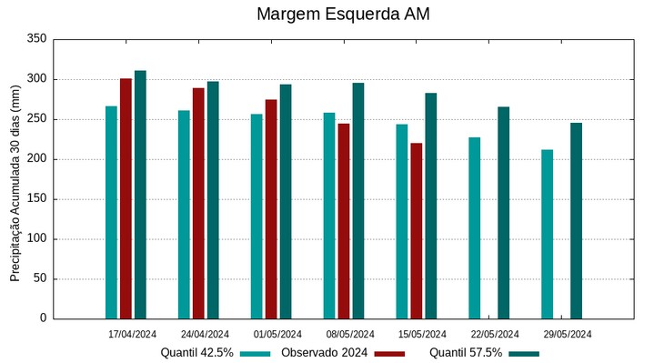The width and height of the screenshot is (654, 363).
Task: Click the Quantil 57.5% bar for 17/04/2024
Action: click(x=140, y=195)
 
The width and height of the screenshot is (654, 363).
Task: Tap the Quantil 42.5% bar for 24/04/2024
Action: click(x=184, y=215)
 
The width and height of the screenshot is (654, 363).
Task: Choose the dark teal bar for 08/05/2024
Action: click(x=358, y=201)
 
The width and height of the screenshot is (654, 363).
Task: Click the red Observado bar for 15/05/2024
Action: click(x=417, y=231)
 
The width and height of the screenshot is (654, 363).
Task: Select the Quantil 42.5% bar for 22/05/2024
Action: click(x=475, y=227)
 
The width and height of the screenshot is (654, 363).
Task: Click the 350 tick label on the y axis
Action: click(x=36, y=39)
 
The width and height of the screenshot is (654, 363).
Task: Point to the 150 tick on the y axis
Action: click(x=36, y=199)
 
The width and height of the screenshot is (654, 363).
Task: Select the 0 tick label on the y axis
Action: click(x=43, y=318)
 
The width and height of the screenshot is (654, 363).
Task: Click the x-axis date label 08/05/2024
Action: click(x=350, y=334)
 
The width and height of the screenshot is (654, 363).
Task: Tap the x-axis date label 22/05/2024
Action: click(x=496, y=334)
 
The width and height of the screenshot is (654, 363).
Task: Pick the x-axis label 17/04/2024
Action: click(x=132, y=334)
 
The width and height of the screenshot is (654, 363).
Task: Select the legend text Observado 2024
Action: click(x=324, y=353)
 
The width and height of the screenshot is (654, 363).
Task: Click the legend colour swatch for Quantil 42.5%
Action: click(x=257, y=353)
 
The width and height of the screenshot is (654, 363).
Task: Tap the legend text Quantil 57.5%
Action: click(x=465, y=353)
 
